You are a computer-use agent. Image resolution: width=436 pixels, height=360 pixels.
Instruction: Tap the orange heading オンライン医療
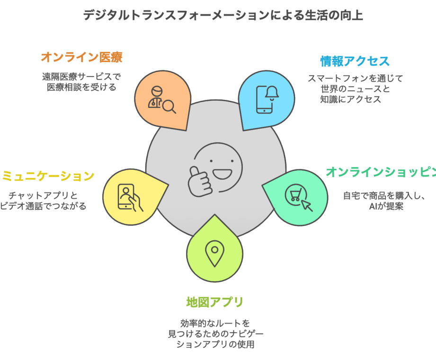pos(81,58)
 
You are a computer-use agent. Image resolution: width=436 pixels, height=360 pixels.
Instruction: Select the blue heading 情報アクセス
pos(355,61)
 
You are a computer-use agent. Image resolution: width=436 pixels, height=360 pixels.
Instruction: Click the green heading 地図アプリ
pos(214,302)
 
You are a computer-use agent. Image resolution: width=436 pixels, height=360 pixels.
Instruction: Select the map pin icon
pos(214,253)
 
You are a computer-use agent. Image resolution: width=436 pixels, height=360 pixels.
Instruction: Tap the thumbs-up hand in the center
pos(199,179)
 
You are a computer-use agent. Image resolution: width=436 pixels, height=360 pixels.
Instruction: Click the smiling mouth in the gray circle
pos(223,173)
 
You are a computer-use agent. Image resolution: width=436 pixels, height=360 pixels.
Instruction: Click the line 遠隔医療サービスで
pos(81,76)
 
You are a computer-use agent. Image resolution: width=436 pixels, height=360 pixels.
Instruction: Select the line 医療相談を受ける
pos(81,87)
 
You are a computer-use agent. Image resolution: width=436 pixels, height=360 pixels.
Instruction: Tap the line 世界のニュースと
pos(355,89)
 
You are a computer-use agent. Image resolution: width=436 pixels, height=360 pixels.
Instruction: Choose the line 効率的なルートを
pos(214,323)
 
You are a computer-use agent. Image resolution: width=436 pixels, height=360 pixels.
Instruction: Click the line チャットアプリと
pos(42,195)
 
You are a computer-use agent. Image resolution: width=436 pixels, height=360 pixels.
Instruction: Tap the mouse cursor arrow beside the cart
pos(307,204)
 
